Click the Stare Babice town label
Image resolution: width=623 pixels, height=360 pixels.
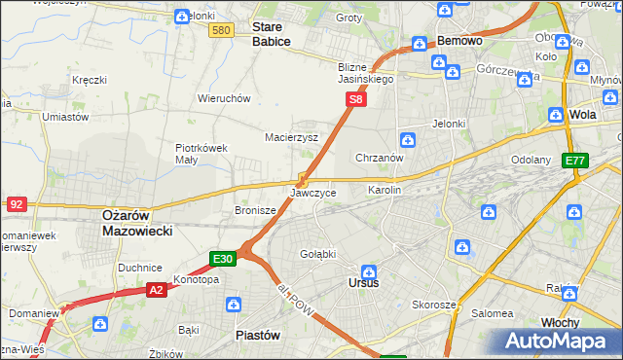tap(272, 34)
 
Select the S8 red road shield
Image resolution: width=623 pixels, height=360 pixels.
tap(357, 99)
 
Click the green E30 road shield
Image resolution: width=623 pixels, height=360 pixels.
tap(223, 259)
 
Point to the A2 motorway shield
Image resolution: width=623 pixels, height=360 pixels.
tap(157, 289)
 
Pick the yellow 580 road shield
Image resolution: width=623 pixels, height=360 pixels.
tap(220, 31)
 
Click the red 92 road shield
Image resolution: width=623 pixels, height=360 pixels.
tap(16, 204)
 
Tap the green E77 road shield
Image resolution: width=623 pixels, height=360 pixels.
tap(575, 161)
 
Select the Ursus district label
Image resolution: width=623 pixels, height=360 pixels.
tap(363, 283)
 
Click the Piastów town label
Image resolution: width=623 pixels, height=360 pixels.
tap(258, 334)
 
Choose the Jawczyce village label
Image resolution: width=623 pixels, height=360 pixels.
tap(312, 194)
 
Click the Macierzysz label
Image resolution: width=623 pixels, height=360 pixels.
tap(292, 137)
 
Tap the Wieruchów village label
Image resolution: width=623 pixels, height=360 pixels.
tap(225, 98)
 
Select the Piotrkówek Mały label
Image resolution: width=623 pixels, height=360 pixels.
tap(202, 154)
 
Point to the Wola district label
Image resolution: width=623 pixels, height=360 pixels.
tap(583, 114)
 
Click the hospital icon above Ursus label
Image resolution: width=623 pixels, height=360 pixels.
tap(369, 271)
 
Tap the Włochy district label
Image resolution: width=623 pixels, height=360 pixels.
tap(560, 322)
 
